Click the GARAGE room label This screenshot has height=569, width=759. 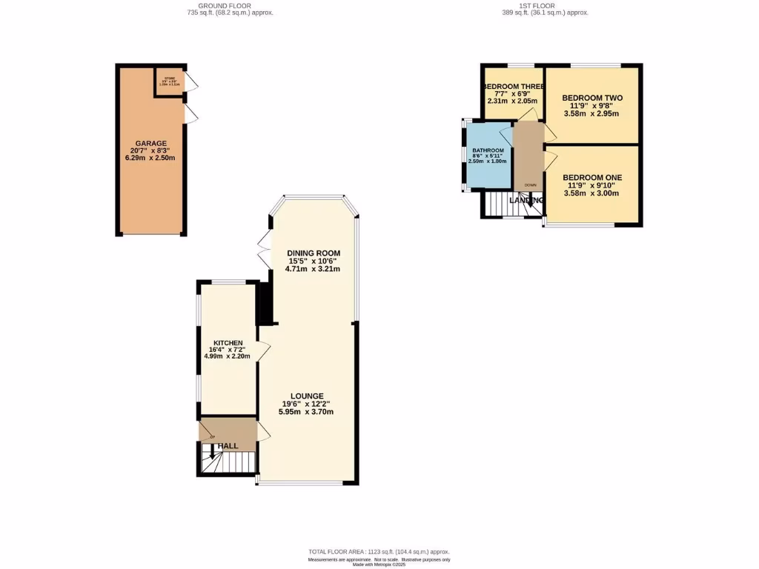coord(150,143)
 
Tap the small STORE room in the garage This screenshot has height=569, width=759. coord(168,81)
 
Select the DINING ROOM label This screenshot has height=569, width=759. coord(314,253)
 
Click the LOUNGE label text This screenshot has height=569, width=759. coord(306,396)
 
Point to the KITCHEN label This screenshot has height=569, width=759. coord(227,343)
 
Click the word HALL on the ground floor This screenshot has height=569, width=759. coord(228,446)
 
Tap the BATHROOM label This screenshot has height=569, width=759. coord(488,150)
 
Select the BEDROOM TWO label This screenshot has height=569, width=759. coord(591,98)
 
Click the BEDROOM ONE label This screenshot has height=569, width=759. coord(591,177)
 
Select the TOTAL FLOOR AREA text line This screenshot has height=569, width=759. coord(379,552)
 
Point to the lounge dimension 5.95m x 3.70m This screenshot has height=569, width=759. coord(306,411)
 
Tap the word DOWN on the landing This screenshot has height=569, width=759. coord(530,184)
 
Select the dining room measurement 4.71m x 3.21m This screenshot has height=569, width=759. coord(314,269)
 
